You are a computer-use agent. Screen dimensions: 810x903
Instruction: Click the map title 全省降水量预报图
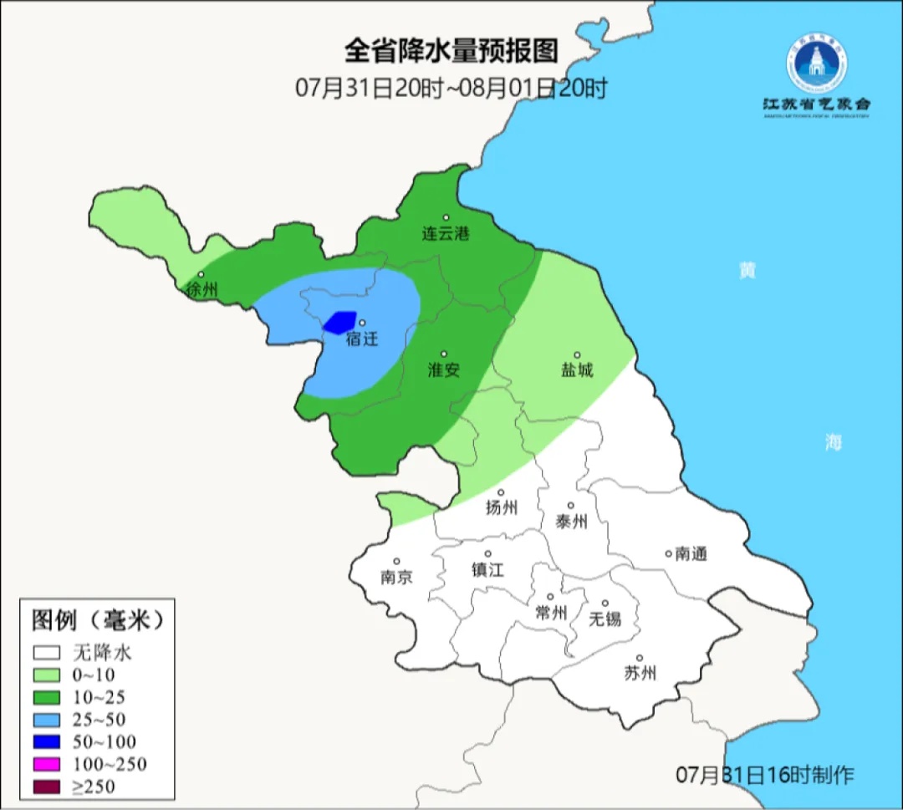(451, 51)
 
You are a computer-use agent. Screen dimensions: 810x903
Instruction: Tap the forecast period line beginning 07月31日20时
(451, 88)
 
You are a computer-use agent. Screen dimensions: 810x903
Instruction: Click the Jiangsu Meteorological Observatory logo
(815, 75)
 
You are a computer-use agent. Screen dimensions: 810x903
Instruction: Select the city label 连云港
(445, 234)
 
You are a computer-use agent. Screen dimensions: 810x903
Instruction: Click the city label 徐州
(202, 290)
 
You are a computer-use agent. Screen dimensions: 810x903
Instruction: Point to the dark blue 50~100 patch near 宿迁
(340, 322)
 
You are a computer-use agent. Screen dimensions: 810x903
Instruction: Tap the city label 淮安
(444, 369)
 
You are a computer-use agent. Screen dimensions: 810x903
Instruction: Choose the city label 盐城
(576, 369)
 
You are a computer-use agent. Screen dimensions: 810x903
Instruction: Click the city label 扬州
(502, 507)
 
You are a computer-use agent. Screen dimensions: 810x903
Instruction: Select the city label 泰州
(571, 521)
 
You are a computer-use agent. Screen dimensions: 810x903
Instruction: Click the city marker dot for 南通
(668, 553)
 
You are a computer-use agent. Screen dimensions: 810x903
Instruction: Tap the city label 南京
(395, 577)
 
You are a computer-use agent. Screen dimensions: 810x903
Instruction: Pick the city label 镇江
(487, 568)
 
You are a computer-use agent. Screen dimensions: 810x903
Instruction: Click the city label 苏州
(640, 673)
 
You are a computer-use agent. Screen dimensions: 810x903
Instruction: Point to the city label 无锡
(605, 619)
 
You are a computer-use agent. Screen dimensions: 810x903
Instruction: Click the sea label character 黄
(747, 270)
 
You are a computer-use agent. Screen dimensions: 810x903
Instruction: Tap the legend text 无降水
(102, 652)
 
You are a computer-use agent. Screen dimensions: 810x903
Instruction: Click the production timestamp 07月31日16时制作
(765, 775)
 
